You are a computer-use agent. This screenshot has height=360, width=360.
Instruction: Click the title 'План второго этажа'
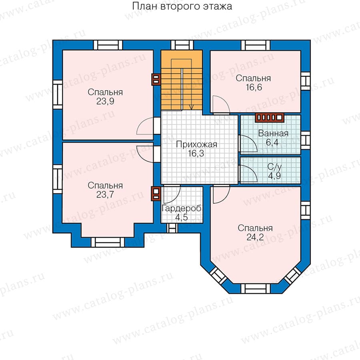click(182, 6)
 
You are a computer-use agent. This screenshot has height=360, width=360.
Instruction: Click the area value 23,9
click(105, 101)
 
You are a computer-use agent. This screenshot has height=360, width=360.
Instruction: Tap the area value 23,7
click(105, 195)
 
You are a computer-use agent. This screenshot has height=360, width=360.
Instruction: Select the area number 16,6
click(254, 88)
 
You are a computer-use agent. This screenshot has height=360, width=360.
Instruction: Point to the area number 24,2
click(255, 237)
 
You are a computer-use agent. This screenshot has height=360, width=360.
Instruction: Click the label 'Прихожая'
click(196, 144)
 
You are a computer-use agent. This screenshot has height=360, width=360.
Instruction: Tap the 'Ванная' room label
click(273, 133)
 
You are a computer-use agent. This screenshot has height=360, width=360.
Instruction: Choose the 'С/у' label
click(274, 167)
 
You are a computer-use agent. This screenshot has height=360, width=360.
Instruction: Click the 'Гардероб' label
click(182, 208)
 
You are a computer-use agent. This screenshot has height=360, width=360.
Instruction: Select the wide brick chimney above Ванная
click(270, 118)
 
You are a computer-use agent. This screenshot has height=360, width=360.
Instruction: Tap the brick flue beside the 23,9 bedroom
click(156, 80)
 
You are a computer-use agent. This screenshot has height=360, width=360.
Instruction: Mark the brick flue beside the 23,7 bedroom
click(156, 194)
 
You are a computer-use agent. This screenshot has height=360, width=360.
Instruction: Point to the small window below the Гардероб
click(172, 228)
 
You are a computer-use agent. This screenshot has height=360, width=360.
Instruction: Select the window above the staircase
click(182, 45)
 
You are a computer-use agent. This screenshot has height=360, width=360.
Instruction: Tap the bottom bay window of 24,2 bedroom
click(256, 288)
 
